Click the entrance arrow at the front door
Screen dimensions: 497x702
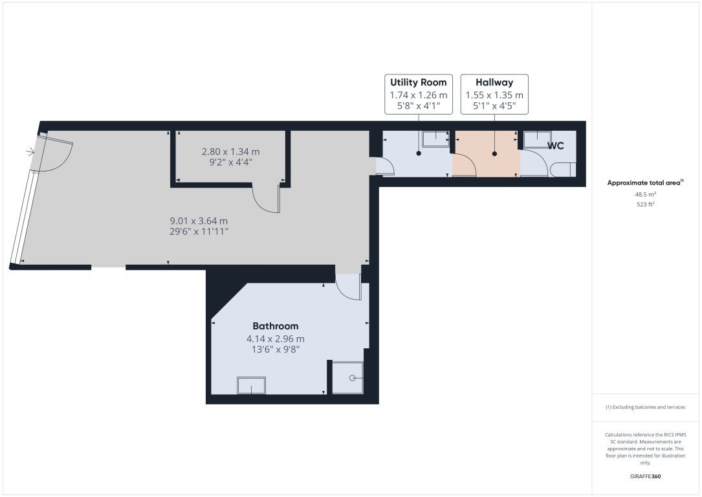[x=30, y=152]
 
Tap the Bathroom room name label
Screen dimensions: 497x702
[x=276, y=326]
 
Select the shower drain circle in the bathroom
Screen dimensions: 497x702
[x=353, y=377]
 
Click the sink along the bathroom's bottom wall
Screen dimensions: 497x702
[x=251, y=385]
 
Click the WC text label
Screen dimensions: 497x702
[x=556, y=146]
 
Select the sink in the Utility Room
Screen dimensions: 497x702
[x=435, y=137]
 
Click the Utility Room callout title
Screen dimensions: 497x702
[x=418, y=83]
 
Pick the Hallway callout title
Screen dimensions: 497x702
[x=494, y=83]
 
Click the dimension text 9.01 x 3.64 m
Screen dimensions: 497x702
[x=199, y=220]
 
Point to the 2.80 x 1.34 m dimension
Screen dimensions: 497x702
[x=230, y=152]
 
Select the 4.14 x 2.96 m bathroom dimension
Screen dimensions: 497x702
[x=276, y=338]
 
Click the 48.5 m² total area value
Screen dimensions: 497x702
[x=646, y=193]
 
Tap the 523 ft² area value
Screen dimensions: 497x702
[x=646, y=204]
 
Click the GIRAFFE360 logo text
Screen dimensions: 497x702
[x=646, y=476]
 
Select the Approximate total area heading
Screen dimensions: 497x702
[x=644, y=182]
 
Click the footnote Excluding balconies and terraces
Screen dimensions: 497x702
[x=646, y=407]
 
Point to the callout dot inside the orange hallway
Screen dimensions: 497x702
[x=495, y=154]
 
